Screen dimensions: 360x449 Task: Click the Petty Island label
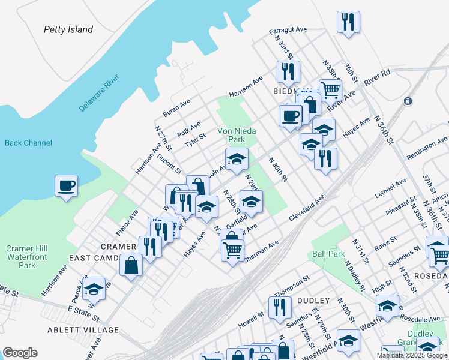(x=68, y=29)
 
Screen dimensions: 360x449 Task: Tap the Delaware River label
(x=100, y=93)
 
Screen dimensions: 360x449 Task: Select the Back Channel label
(x=28, y=143)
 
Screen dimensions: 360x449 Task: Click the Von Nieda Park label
(x=231, y=135)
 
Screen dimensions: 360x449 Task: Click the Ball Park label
(x=328, y=254)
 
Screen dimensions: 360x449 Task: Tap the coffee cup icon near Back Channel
(x=66, y=185)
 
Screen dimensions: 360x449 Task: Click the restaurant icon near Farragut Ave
(x=348, y=22)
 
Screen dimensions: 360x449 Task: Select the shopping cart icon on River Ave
(x=330, y=89)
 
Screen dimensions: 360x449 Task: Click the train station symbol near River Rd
(x=408, y=101)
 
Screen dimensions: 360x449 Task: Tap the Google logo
(x=20, y=353)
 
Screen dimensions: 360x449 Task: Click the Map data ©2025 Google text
(x=411, y=355)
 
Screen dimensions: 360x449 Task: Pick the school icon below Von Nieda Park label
(x=237, y=159)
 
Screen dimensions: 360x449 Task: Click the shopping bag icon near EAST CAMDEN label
(x=131, y=265)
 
